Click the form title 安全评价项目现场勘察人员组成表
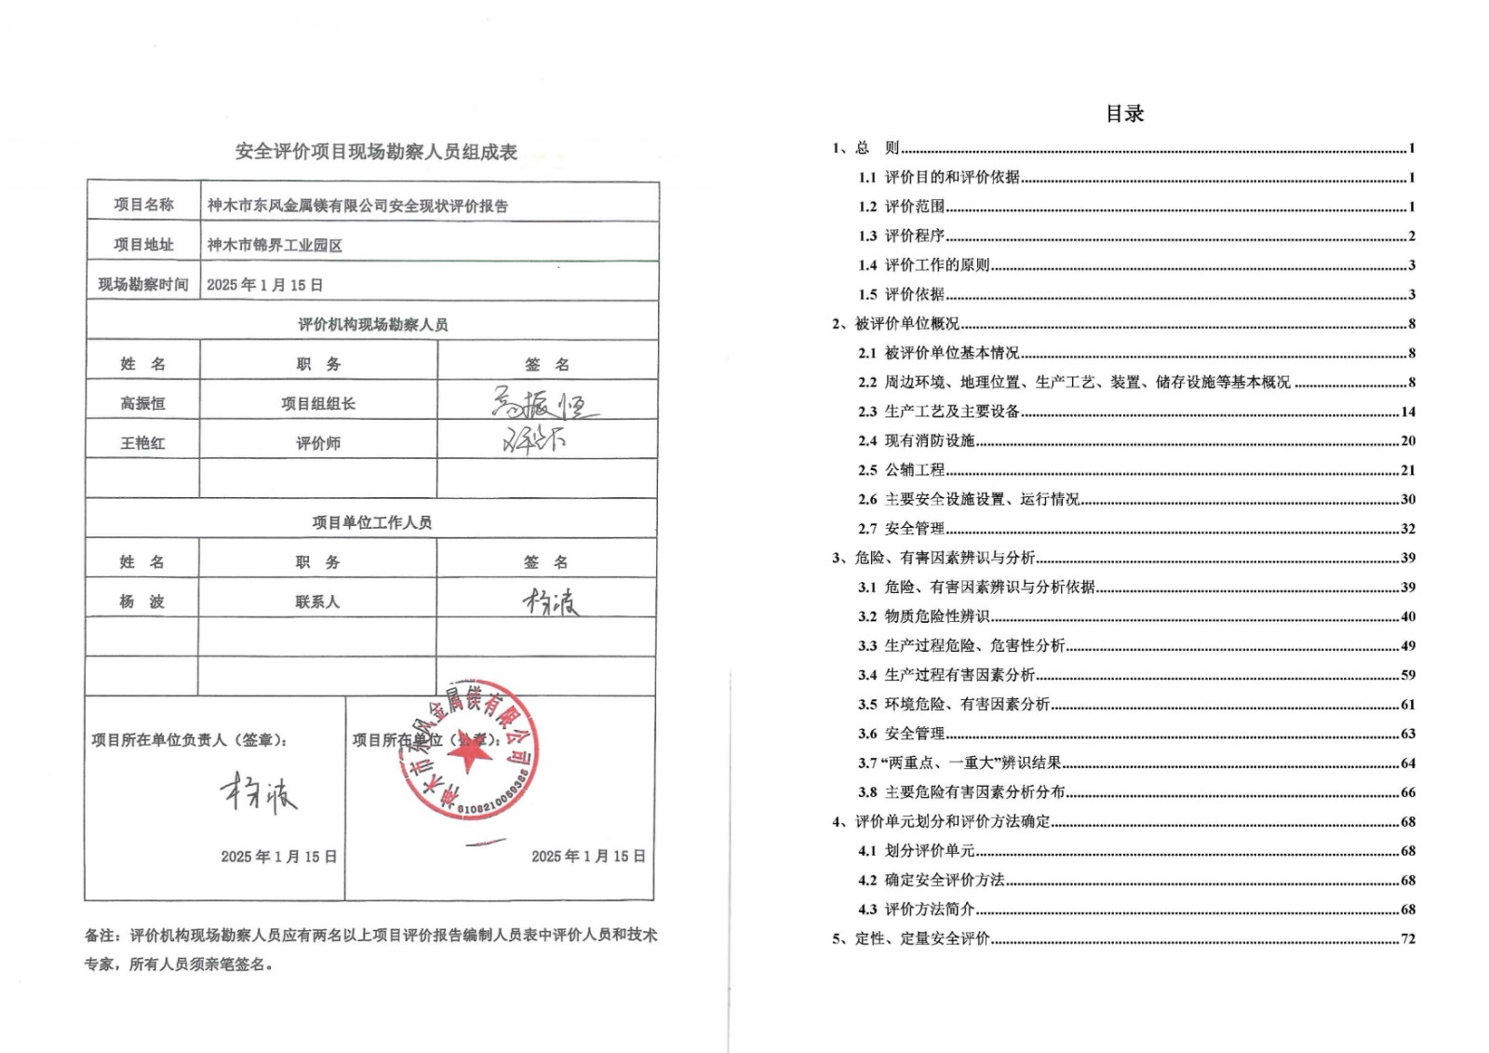tap(376, 152)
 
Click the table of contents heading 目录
tap(1124, 114)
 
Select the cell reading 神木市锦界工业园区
tap(275, 245)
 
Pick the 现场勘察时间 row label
tap(143, 284)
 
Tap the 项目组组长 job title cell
tap(318, 403)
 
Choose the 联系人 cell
tap(317, 601)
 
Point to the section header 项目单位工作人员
tap(371, 522)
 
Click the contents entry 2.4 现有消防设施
tap(929, 440)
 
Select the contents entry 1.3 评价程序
tap(914, 236)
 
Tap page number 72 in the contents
tap(1408, 938)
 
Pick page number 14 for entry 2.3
tap(1408, 412)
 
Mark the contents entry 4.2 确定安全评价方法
tap(944, 880)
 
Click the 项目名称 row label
tap(143, 205)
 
